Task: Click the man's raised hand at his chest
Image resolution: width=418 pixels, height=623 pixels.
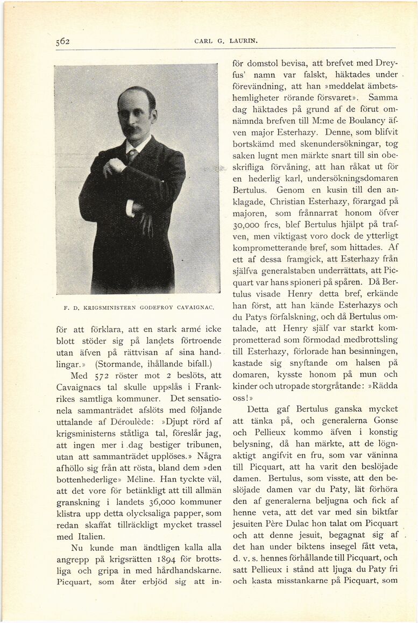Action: [x=114, y=168]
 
